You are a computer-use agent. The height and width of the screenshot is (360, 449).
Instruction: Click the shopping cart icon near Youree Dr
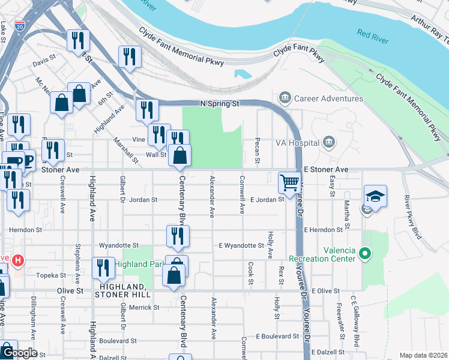tap(290, 182)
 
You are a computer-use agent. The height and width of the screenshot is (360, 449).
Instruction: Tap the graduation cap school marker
tap(375, 196)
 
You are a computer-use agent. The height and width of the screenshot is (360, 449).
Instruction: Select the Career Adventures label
tap(328, 98)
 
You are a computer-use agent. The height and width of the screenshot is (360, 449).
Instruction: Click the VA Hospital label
tap(298, 143)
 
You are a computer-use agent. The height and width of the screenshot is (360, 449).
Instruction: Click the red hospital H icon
tap(19, 261)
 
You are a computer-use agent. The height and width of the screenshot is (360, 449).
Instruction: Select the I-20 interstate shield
tap(20, 26)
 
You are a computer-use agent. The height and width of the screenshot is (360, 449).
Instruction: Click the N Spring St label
tap(220, 103)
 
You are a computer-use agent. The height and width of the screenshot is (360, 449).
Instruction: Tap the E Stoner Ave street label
tap(326, 170)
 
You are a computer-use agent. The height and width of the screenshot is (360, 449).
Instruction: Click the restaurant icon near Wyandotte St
tap(178, 236)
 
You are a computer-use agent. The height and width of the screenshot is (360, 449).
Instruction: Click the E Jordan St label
tap(267, 199)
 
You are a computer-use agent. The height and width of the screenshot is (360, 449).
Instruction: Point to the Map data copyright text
tap(423, 355)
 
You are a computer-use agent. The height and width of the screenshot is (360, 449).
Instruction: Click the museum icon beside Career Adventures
tap(285, 98)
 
